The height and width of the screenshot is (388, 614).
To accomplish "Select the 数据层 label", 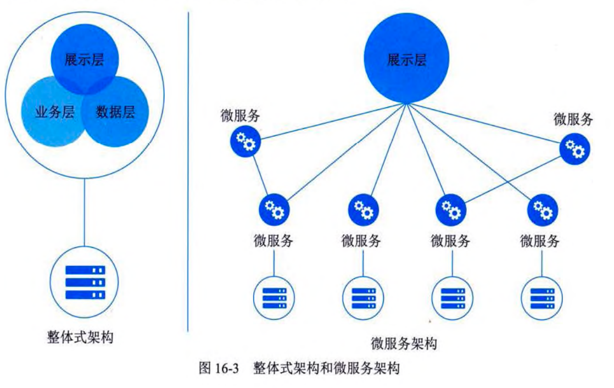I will coord(115,113).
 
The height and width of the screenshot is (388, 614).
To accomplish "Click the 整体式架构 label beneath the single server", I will coord(80,337).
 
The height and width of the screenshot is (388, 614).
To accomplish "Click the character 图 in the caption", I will coord(205,368).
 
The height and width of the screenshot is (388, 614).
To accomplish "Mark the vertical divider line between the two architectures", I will coord(188,165).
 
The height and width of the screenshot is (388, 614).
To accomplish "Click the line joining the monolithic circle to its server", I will coord(85,214).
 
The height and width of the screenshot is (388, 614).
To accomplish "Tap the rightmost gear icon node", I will coord(575,148).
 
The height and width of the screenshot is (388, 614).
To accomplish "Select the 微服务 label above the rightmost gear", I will coord(573,119).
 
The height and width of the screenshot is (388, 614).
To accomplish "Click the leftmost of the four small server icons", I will coord(273,297).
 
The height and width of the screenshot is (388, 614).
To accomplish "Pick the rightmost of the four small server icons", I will coord(541,297).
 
